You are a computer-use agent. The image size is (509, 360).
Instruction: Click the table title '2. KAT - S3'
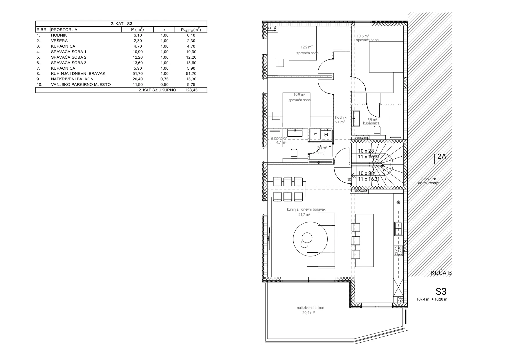point(121,24)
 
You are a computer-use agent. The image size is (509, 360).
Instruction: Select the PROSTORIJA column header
point(64,30)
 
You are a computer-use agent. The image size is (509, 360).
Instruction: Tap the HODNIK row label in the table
point(59,35)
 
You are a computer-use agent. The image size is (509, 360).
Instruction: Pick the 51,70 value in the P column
point(138,74)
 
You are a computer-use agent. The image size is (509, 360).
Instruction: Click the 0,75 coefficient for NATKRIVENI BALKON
point(165,79)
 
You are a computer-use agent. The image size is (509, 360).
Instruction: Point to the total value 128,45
point(191,90)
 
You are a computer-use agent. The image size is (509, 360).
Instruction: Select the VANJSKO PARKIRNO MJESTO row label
point(81,85)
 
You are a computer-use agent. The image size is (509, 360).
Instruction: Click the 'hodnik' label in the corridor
point(341,117)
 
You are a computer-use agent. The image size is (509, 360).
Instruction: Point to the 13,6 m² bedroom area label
point(363,36)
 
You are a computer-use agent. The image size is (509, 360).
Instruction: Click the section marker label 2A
point(441,157)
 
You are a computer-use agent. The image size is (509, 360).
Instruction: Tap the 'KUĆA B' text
point(441,273)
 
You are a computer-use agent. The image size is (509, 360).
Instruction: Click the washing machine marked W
point(315,134)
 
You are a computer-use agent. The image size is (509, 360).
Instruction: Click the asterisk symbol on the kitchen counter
point(398,202)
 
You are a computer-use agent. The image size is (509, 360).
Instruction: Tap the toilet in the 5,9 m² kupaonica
point(377,130)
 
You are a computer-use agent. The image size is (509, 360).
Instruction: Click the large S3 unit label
point(441,291)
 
